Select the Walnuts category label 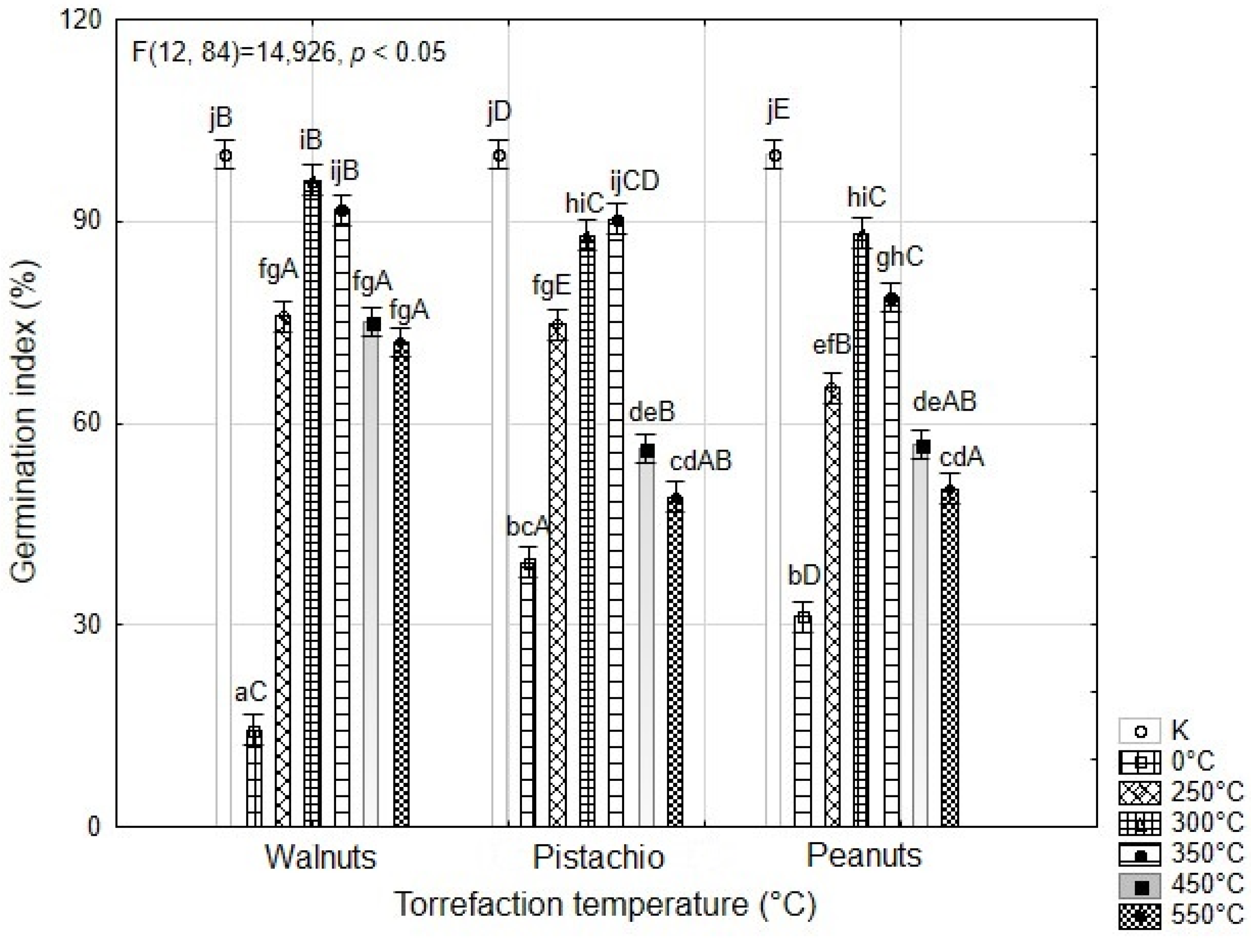(x=321, y=857)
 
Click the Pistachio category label (x=598, y=857)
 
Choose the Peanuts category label (x=864, y=855)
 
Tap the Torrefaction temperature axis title (x=605, y=904)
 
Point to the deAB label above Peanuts (x=944, y=401)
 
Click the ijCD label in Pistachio (x=634, y=181)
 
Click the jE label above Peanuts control (x=778, y=110)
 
